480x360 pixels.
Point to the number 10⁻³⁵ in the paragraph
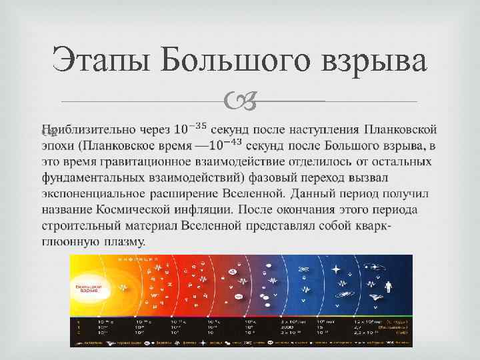coord(190,127)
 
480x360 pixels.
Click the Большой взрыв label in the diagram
coord(87,288)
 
